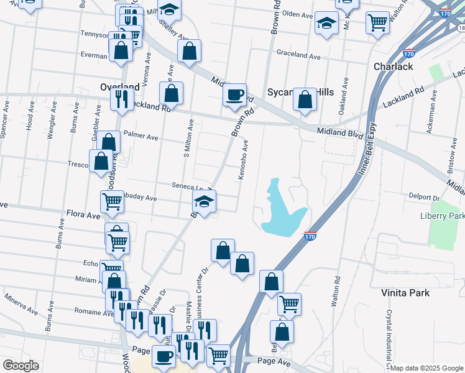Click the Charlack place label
pos(393,67)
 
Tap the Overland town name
pos(120,87)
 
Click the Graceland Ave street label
pos(298,55)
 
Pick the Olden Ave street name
pos(297,14)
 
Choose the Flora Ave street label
pos(83,216)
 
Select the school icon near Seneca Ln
pos(204,203)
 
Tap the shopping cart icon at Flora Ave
pos(112,201)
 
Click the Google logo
pos(21,365)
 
